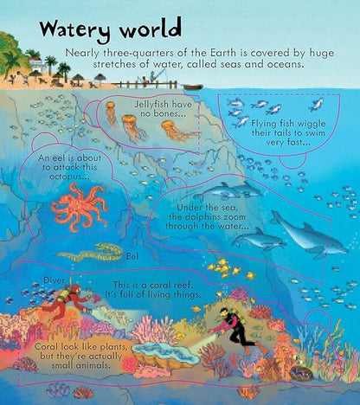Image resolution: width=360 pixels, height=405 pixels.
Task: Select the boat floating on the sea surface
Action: point(192,87)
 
